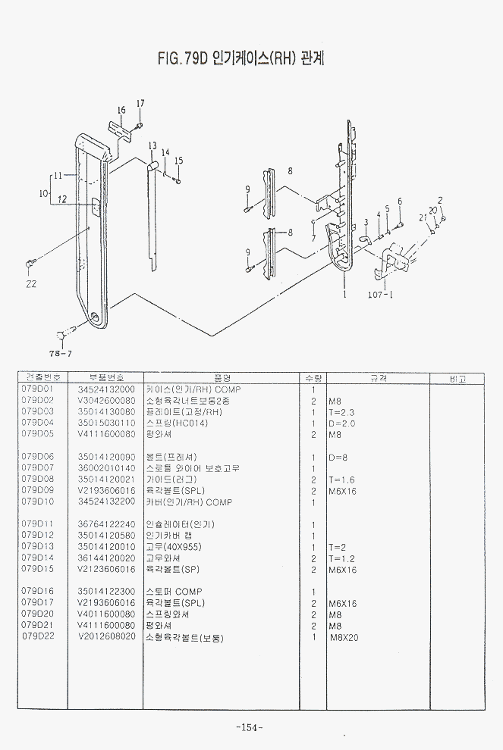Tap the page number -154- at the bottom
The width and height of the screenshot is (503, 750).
point(250,727)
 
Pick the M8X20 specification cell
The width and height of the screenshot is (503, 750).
point(344,637)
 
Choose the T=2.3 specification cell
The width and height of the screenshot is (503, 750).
point(341,411)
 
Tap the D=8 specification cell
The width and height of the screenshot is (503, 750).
point(338,457)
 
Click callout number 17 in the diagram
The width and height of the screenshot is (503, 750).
point(140,103)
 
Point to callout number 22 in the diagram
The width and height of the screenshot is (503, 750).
point(30,284)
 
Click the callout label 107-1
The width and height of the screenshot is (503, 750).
point(380,295)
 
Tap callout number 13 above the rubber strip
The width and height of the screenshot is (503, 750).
point(152,145)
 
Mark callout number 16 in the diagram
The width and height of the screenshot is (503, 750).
point(121,111)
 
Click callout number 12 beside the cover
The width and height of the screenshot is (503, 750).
point(62,200)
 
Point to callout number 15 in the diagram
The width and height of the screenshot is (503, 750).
point(178,161)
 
